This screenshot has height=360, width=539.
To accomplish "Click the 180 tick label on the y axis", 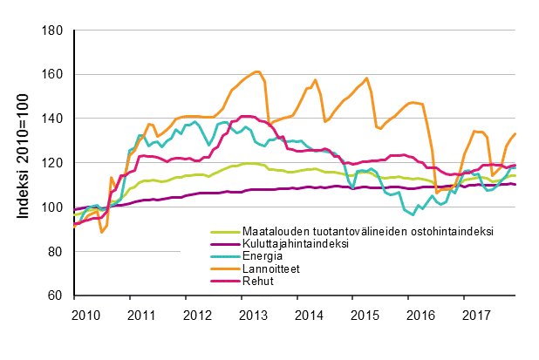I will pos(54,31).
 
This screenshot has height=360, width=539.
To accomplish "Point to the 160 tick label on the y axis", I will pos(54,74).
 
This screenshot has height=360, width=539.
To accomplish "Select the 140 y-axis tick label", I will pos(54,119).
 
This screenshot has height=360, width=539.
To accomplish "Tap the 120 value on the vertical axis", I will pos(54,163).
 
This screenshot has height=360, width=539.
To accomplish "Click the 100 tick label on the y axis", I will pos(54,207).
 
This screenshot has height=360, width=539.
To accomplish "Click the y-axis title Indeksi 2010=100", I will pos(21,163).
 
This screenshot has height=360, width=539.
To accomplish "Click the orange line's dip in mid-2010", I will pos(102,232).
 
